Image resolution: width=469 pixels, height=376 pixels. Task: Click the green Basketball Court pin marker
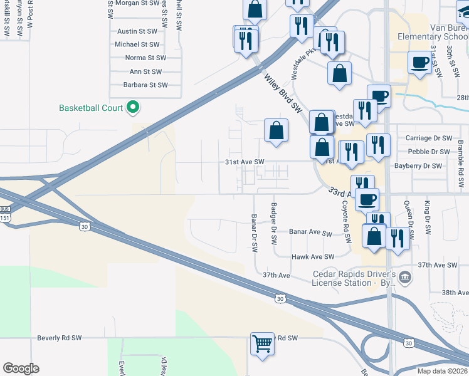point(132,108)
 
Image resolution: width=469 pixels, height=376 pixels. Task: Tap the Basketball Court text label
point(91,108)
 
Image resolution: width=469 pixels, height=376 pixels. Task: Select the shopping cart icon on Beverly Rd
point(262,343)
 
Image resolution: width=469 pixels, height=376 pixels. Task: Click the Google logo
point(21,368)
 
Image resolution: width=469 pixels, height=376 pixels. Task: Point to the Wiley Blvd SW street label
point(283,93)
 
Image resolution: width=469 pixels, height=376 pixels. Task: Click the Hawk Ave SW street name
point(313,257)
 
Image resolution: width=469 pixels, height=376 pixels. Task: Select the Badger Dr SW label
point(273,224)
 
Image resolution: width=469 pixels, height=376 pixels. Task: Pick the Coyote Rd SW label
point(345,222)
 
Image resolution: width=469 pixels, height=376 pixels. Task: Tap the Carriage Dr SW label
point(429,138)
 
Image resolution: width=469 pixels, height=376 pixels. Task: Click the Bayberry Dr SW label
point(418,166)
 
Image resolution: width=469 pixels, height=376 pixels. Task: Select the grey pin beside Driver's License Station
point(405,276)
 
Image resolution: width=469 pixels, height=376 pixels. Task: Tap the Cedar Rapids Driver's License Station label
point(355,279)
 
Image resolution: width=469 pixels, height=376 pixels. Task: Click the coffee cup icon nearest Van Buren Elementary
point(419,62)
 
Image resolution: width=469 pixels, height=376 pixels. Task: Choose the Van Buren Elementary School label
point(433,32)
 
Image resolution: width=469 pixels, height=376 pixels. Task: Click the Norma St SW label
point(144,58)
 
